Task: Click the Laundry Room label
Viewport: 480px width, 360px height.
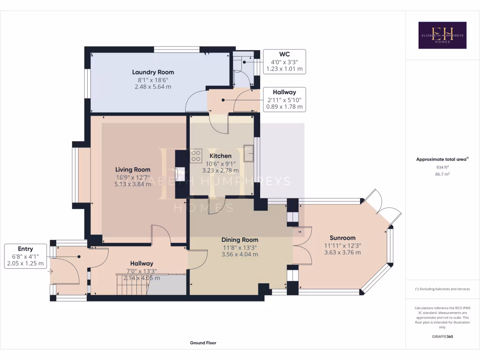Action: coord(153,72)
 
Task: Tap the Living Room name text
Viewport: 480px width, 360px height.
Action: coord(133,170)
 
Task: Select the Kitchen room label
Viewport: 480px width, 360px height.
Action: coord(220,156)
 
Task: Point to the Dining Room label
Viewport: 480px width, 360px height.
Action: coord(240,240)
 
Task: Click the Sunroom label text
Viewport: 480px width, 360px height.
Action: coord(343,238)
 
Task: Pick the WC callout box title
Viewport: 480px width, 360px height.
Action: coord(285,54)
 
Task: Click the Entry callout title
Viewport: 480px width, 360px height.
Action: coord(25,249)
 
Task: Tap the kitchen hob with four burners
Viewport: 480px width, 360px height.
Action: coord(196,156)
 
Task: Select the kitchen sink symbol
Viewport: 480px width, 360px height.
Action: coord(248,153)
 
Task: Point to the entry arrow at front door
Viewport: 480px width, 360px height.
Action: coord(50,271)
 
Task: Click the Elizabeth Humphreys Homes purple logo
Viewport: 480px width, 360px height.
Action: coord(442,35)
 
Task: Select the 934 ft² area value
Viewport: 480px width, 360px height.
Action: coord(442,167)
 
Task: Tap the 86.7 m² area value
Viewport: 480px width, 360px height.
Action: coord(442,174)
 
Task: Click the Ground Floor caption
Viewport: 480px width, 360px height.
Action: coord(203,343)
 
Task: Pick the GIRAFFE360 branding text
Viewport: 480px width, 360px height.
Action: coord(442,337)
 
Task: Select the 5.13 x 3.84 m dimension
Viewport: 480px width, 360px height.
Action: coord(133,184)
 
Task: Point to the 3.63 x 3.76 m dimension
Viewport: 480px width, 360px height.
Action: coord(343,253)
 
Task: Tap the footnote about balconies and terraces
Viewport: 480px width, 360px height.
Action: coord(442,289)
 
